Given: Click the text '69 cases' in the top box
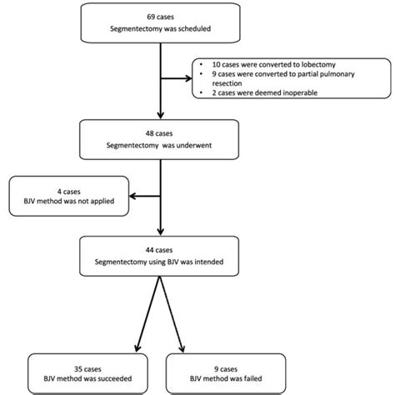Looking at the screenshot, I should point(160,17).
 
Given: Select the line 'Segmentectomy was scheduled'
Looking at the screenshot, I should point(160,30).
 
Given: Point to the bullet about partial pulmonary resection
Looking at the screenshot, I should point(266,79).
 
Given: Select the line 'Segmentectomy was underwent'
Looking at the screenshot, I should point(160,143).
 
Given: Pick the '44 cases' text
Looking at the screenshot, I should point(160,248).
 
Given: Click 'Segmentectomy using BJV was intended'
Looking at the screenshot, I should point(160,262).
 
